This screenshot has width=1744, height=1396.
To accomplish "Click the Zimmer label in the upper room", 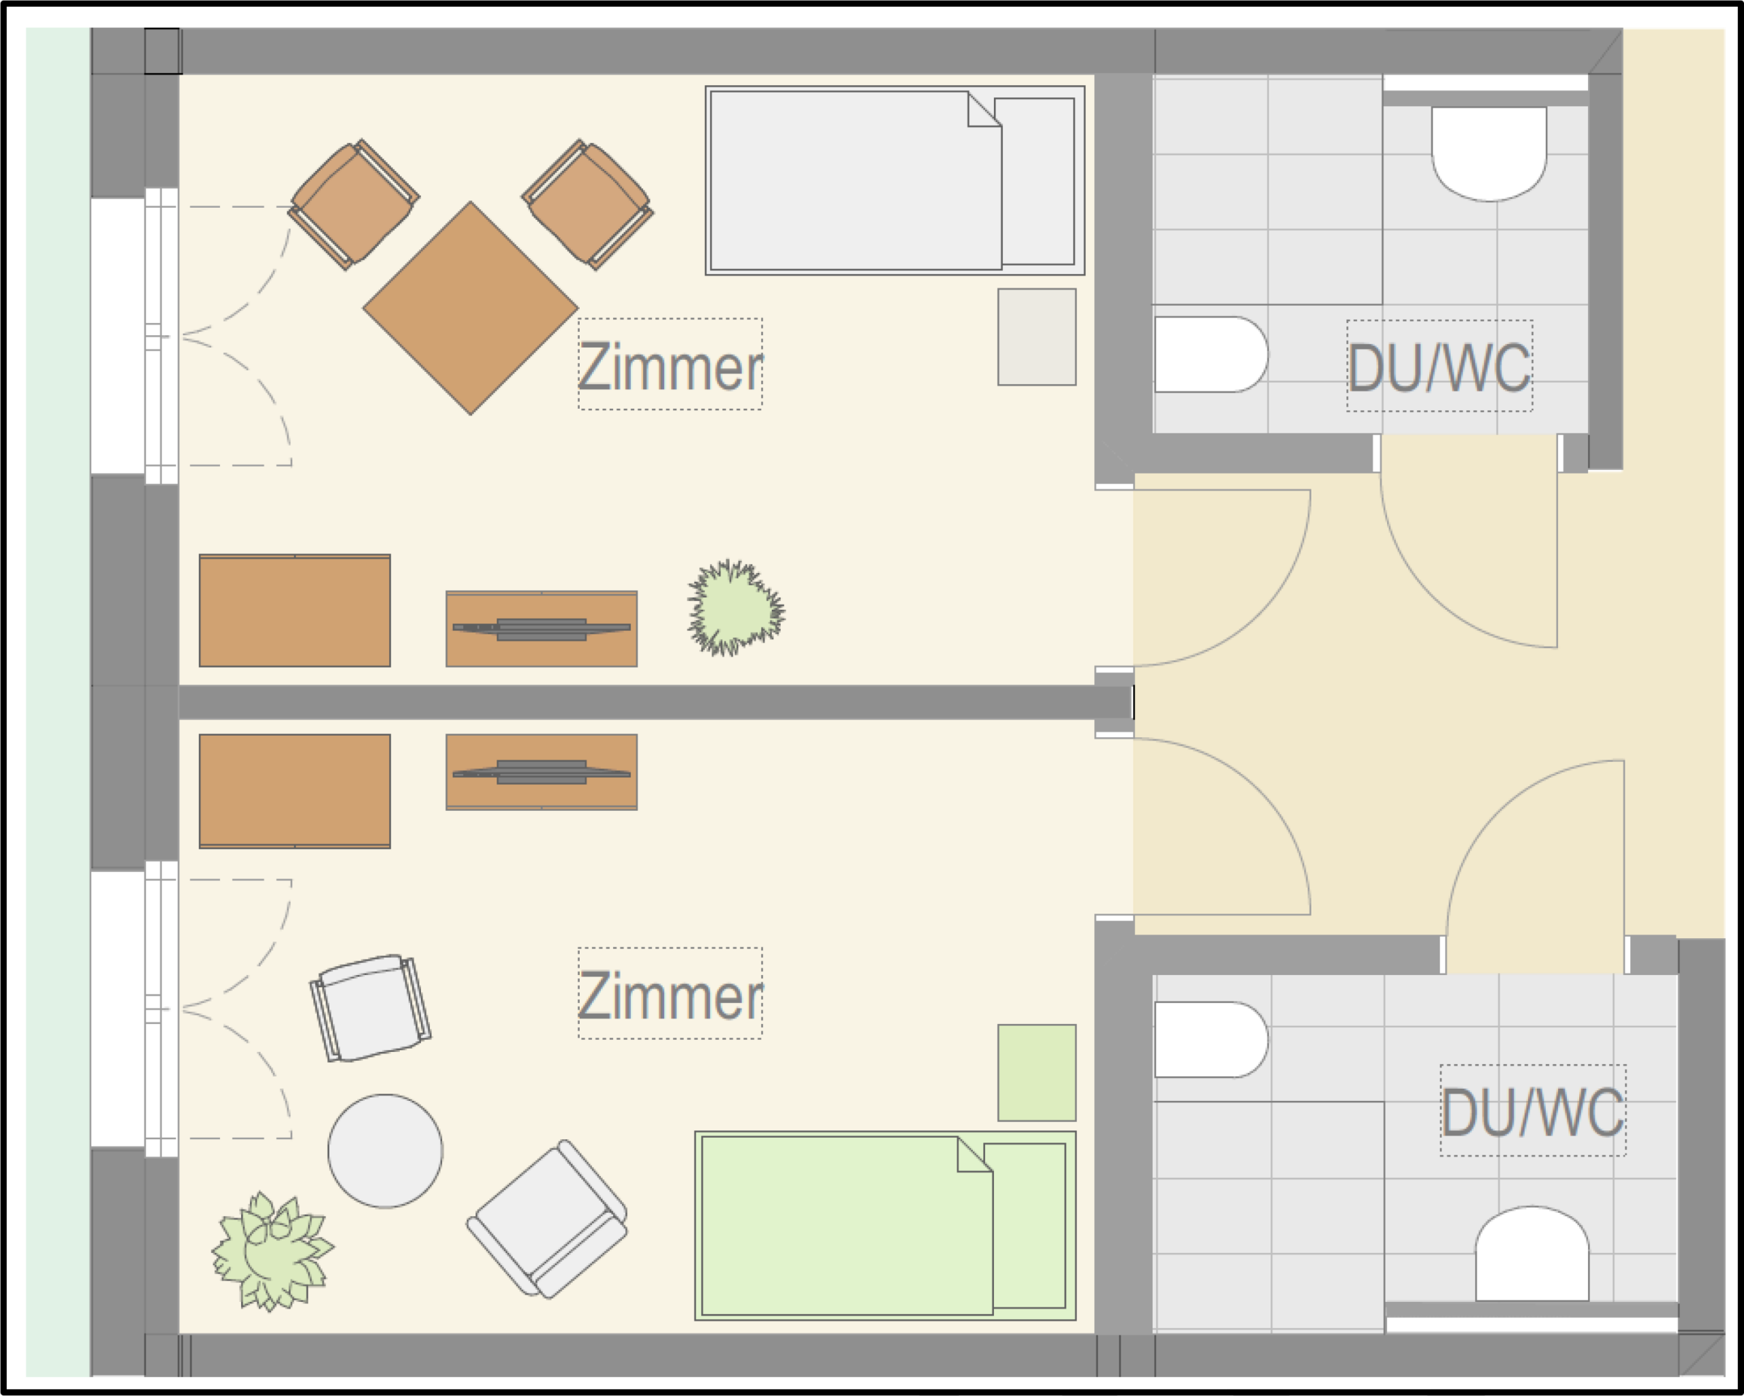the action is click(x=670, y=367).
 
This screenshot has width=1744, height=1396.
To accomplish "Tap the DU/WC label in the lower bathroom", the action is click(x=1533, y=1112).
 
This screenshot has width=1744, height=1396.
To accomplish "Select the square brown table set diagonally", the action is click(x=471, y=308).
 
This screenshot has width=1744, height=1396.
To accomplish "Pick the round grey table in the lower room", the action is click(x=385, y=1151).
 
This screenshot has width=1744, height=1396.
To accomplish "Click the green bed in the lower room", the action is click(x=885, y=1226).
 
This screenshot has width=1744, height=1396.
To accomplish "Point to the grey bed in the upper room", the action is click(x=894, y=181).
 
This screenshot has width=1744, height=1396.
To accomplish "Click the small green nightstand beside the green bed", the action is click(x=1036, y=1072).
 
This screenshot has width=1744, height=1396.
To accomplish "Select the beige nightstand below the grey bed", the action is click(x=1036, y=337).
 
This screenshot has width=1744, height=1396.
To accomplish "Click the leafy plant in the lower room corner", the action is click(x=272, y=1252).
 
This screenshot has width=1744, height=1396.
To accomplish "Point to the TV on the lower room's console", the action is click(x=541, y=773).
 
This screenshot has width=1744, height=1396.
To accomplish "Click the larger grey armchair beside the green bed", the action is click(x=548, y=1220).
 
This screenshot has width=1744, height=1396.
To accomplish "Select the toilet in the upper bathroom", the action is click(x=1489, y=153).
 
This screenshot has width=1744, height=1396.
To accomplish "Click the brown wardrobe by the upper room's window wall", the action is click(x=294, y=610).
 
